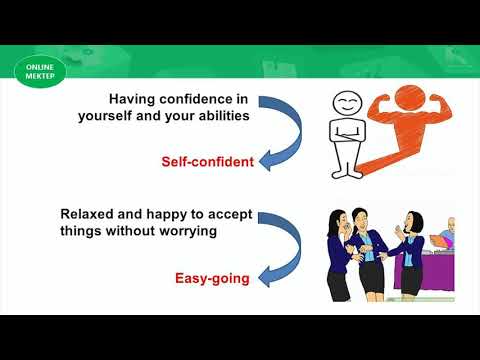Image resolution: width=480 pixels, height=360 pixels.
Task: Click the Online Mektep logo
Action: click(41, 71)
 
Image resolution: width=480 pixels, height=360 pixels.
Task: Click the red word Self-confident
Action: click(207, 161)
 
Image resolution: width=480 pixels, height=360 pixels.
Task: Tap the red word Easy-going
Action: click(212, 279)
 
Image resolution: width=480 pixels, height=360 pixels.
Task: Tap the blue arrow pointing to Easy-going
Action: click(279, 249)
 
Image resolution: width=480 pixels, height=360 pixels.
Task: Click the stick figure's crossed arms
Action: click(347, 129)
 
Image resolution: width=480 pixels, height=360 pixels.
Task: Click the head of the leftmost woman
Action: click(337, 217)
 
